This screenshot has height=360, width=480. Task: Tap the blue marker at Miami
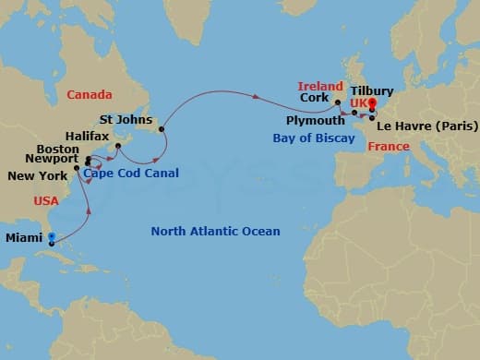(52, 236)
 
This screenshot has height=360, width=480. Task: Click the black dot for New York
(77, 168)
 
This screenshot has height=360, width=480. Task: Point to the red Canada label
(90, 95)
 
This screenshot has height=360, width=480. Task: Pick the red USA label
(46, 200)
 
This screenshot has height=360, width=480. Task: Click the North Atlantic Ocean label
(215, 232)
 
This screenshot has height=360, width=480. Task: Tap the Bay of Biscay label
(314, 138)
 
